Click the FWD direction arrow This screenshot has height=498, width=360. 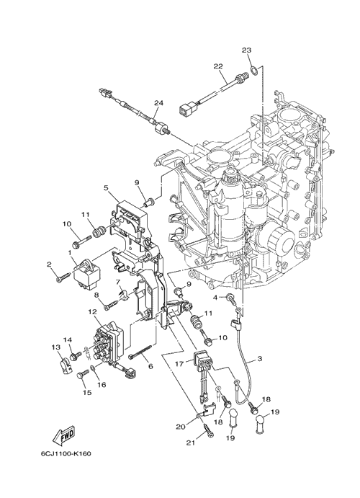coord(63,436)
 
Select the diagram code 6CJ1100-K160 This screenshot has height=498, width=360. coord(66,453)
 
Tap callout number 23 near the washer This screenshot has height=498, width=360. coord(246,50)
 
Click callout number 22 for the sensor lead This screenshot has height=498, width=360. coord(218,66)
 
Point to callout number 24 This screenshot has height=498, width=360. coord(158,102)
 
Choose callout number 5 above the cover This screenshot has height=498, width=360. coord(106,187)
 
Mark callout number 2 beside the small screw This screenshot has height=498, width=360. coord(49,264)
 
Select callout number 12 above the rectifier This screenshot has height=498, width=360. coord(93,312)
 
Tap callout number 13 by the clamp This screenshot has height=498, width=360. coord(56,347)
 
